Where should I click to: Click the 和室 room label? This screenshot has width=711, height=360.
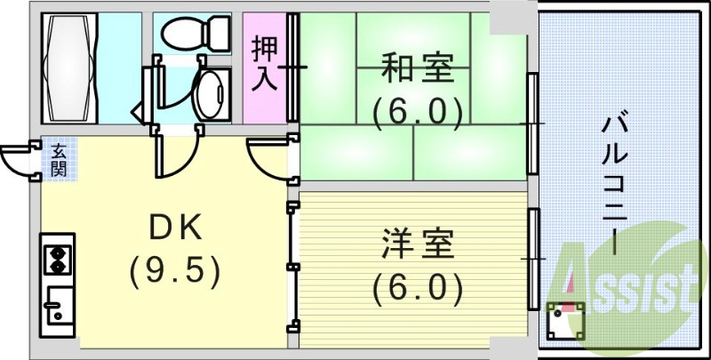tap(417, 67)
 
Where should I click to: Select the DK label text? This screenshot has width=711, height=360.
tap(174, 228)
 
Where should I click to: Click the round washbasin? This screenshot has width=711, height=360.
tap(211, 93)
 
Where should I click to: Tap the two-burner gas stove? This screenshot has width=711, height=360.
tap(59, 258)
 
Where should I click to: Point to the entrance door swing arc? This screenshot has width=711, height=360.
tap(16, 161)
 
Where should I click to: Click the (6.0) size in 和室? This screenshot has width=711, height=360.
tap(417, 112)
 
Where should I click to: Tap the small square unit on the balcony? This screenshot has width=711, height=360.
tap(565, 322)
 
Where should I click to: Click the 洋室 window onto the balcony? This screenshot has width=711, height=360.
tap(532, 258)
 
